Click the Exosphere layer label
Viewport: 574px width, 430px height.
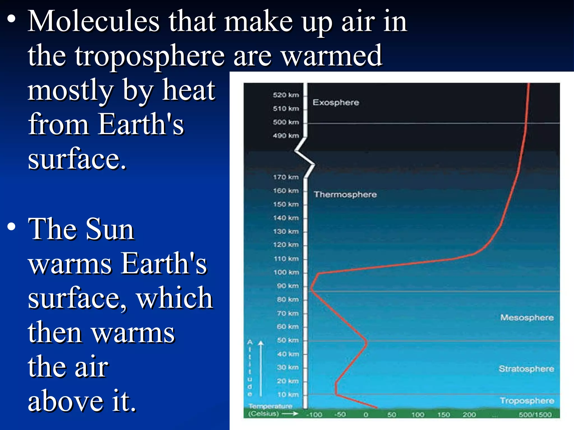point(335,102)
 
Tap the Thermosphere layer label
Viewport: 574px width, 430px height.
point(345,195)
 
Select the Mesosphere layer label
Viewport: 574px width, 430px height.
point(527,317)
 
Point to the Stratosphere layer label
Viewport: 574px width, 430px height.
point(526,369)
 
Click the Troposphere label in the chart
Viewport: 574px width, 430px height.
point(527,401)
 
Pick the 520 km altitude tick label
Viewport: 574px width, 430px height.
point(286,95)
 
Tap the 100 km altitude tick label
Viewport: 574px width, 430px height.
point(286,272)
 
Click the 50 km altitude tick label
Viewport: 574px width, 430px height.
point(288,340)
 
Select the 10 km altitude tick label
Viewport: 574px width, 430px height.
point(288,395)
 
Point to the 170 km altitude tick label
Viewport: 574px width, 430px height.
point(286,177)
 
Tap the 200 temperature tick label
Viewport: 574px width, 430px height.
point(469,415)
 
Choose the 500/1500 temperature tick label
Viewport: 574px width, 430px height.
point(535,415)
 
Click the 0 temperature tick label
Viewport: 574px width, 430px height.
point(366,415)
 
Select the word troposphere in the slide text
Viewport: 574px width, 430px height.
point(150,56)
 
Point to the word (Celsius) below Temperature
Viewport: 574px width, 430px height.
point(263,414)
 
